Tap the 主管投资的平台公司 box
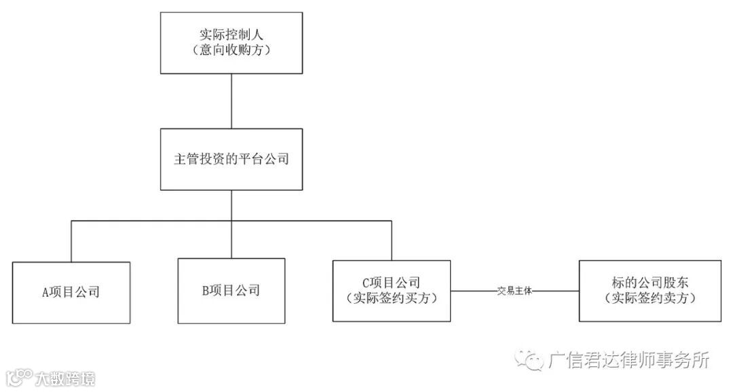tap(231, 160)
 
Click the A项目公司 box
tap(71, 292)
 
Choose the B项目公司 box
tap(231, 290)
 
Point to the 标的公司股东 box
tap(650, 290)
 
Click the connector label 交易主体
tap(514, 291)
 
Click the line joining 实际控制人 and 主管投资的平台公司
tap(231, 101)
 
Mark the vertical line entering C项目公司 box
tap(392, 240)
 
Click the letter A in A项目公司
tap(45, 293)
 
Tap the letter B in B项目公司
tap(206, 291)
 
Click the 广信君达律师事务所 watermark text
tap(628, 360)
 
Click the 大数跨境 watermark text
tap(65, 378)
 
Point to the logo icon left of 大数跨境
tap(20, 376)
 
